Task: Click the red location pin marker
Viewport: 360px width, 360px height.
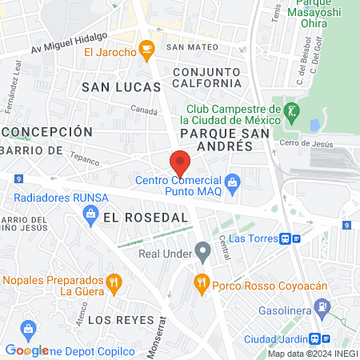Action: (180, 162)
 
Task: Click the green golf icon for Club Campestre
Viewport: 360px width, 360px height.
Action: (294, 110)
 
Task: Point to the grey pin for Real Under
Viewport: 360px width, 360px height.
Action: (203, 254)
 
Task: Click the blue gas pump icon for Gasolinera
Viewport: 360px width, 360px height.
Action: (322, 306)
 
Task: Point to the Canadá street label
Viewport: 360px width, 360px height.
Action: (144, 111)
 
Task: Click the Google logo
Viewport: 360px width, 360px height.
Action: (26, 350)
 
